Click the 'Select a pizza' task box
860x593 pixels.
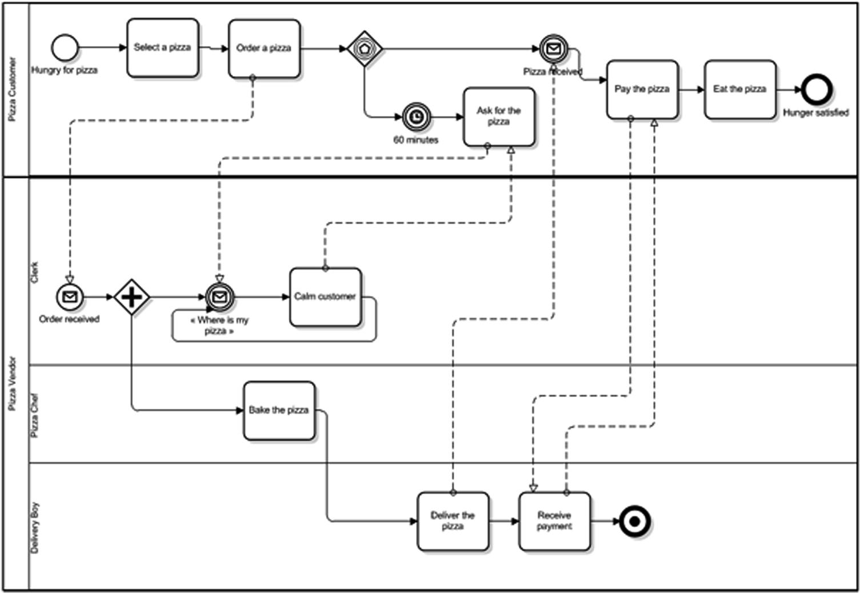click(x=163, y=48)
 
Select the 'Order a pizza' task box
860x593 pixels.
click(x=264, y=49)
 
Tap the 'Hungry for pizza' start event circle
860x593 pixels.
click(x=65, y=48)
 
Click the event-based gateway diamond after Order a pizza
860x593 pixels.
click(x=365, y=49)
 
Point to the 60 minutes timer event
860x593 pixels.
click(x=417, y=117)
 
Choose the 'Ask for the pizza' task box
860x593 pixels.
click(x=499, y=117)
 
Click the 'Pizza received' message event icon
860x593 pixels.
click(x=553, y=49)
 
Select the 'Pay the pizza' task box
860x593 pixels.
click(x=642, y=90)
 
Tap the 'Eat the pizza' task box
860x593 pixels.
click(x=740, y=90)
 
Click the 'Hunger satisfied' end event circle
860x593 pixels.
click(x=817, y=90)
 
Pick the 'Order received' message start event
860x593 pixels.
click(x=70, y=297)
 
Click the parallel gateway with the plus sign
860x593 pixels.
click(x=131, y=297)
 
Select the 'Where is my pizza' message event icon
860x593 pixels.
click(x=220, y=297)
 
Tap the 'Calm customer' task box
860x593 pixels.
click(x=325, y=297)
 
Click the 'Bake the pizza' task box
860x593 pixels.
click(x=279, y=411)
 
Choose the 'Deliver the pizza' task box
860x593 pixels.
click(x=453, y=521)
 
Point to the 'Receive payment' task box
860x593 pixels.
click(x=554, y=521)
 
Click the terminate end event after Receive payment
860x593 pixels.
click(x=634, y=521)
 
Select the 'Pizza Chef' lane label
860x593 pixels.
click(x=35, y=415)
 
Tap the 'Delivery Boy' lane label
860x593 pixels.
click(x=35, y=527)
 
